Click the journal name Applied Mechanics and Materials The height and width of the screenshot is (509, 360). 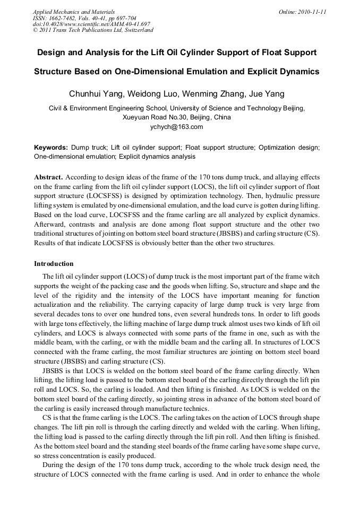click(73, 12)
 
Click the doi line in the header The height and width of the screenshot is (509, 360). click(91, 24)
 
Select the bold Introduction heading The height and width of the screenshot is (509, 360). click(54, 263)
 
